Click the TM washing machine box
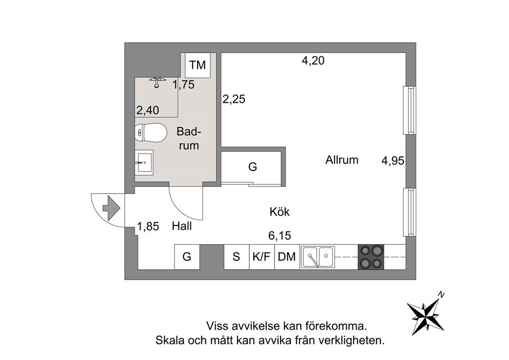pos(198,65)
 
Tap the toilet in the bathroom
pos(151,132)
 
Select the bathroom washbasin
pos(144,162)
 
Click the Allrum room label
pos(342,160)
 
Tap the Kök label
pos(280,212)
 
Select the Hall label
pos(182,226)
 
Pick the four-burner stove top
pos(370,257)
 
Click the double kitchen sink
pos(318,257)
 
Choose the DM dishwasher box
pos(287,257)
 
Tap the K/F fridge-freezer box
pos(262,257)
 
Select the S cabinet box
pos(237,257)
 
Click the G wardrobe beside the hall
pos(187,257)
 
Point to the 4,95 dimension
pos(393,161)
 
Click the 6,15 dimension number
pos(280,235)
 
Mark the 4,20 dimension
pos(313,61)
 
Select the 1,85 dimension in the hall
pos(148,226)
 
